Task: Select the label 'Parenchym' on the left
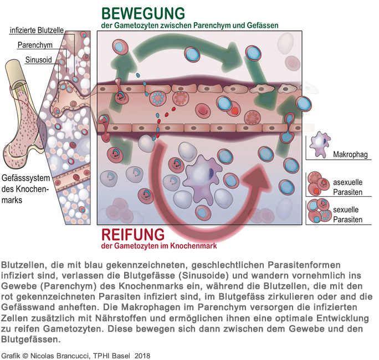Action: pos(35,45)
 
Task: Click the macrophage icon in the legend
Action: pos(319,145)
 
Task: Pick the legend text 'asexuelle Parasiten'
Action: pos(348,186)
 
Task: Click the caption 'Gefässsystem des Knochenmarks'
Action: pos(24,189)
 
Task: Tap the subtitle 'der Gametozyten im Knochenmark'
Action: pos(158,246)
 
